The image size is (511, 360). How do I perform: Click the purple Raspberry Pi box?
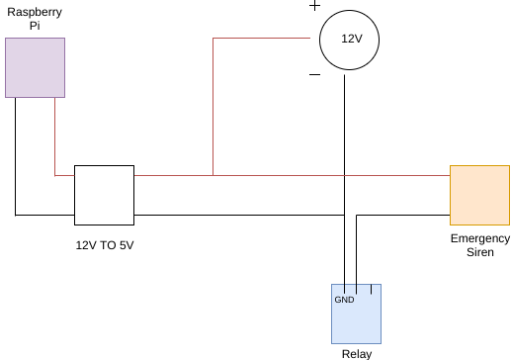coord(35,67)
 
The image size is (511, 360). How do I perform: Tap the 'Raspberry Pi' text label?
coord(35,19)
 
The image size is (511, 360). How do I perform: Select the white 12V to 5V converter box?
coord(104,195)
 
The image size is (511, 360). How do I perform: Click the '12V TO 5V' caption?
coord(105,245)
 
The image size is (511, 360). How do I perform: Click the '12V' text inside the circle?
coord(352,39)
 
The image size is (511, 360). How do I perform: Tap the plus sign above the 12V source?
coord(314,6)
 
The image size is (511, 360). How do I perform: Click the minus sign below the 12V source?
coord(314,75)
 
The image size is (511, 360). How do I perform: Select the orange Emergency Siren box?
coord(479,195)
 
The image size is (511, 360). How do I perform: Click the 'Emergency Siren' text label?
coord(480,245)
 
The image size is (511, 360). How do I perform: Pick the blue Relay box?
coord(356,314)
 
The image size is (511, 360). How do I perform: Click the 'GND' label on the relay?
coord(344,300)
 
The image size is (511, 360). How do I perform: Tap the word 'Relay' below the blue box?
coord(357,354)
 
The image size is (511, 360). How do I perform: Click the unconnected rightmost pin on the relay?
coord(371,289)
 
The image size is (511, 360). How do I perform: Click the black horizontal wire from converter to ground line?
coord(239,216)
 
